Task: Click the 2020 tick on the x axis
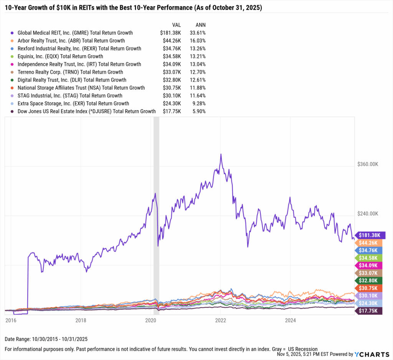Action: (x=150, y=319)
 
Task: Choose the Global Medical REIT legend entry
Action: (x=76, y=33)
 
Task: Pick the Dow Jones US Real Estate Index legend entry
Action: (x=86, y=111)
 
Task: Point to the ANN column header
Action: (x=200, y=25)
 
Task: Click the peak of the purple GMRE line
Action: (x=221, y=154)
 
